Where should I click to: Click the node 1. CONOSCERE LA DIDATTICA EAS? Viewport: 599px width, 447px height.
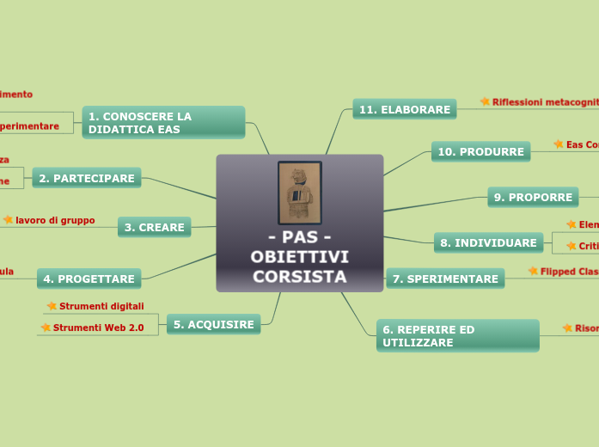click(163, 122)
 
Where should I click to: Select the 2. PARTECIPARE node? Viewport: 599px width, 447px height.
click(87, 178)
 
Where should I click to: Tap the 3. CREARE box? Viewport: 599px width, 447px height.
click(155, 227)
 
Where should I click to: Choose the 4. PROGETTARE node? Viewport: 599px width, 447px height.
click(89, 279)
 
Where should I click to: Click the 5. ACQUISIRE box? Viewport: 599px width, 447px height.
click(214, 324)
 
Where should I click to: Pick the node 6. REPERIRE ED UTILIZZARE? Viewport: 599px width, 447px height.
click(457, 335)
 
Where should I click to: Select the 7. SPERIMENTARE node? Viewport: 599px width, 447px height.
click(445, 279)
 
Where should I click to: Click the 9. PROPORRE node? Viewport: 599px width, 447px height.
click(533, 197)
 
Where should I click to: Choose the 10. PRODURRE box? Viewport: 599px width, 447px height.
click(480, 151)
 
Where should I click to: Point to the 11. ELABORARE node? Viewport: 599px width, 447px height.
click(405, 109)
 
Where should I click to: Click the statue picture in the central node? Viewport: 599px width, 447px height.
click(300, 193)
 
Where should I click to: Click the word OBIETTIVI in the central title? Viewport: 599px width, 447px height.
click(299, 257)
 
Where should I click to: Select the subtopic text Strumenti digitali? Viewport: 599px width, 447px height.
click(101, 306)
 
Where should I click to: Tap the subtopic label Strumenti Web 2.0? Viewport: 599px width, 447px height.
click(98, 328)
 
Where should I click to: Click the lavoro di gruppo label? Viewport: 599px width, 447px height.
click(55, 220)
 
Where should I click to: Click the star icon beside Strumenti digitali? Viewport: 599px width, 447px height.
click(52, 306)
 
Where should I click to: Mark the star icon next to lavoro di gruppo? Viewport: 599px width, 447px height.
click(9, 220)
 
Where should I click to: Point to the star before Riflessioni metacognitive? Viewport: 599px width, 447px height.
click(485, 101)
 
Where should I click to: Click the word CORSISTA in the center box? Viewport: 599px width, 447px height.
click(299, 276)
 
